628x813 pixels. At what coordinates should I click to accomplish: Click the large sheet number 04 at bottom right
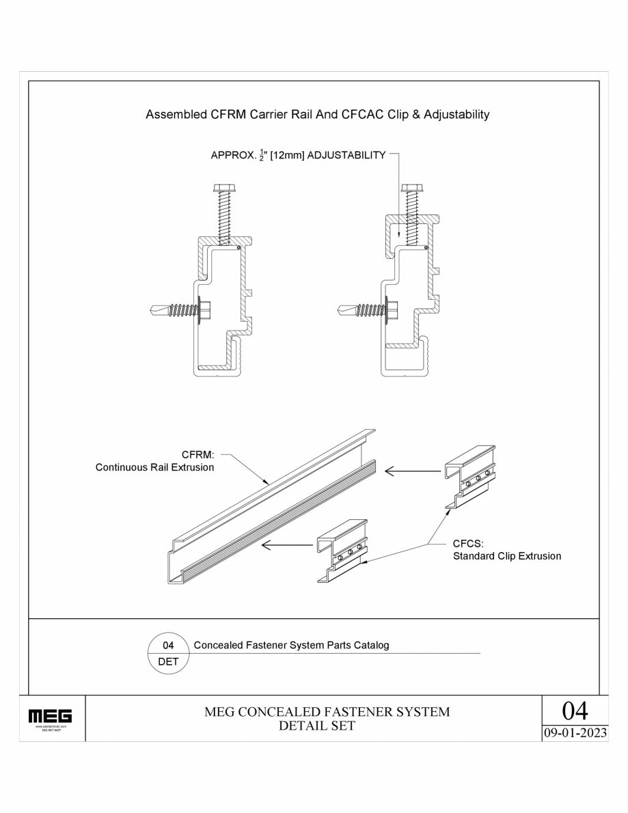[574, 711]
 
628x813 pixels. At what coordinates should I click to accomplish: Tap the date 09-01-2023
[574, 732]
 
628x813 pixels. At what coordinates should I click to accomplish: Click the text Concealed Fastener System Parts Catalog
[292, 645]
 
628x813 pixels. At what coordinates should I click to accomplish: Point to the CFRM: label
[198, 454]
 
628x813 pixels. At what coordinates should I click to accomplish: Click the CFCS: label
[468, 544]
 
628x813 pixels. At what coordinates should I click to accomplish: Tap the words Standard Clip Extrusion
[507, 556]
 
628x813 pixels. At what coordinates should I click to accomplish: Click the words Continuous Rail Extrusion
[154, 468]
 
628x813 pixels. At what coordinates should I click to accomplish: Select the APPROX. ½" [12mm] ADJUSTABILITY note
[298, 156]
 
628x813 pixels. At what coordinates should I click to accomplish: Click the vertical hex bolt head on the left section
[223, 188]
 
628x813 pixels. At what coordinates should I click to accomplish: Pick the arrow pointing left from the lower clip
[288, 545]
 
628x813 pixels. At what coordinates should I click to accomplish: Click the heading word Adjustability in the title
[456, 115]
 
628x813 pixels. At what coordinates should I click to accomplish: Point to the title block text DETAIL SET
[317, 726]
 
